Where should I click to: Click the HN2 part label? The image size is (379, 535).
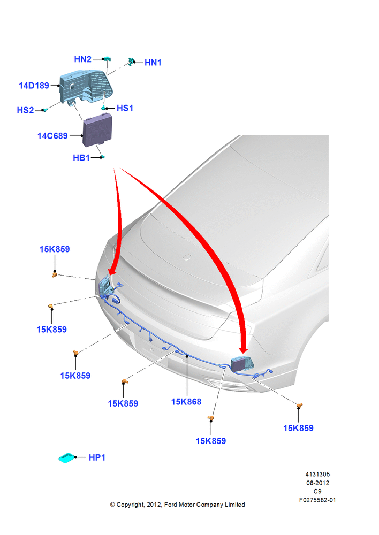(82, 59)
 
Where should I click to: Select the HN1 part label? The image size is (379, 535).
(153, 63)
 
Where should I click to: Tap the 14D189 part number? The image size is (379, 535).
(34, 86)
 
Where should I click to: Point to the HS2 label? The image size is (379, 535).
(25, 110)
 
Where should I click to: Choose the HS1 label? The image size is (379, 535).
(125, 108)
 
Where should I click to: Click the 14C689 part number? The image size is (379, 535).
(52, 136)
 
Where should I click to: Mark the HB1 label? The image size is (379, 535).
(81, 158)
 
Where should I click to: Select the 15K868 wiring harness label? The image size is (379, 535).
(186, 402)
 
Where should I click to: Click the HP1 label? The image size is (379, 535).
(97, 457)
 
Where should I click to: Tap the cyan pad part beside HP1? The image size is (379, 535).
(66, 458)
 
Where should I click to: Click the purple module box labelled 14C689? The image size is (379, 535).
(97, 129)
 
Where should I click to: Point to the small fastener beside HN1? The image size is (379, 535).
(131, 62)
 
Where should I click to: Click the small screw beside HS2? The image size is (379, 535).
(45, 110)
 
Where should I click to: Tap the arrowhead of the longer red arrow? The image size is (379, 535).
(244, 350)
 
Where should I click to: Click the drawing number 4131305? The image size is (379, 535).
(317, 474)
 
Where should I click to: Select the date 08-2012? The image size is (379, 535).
(317, 483)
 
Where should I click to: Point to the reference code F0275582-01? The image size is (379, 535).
(317, 500)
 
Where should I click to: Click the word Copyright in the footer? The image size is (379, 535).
(131, 505)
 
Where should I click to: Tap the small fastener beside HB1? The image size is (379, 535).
(102, 157)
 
